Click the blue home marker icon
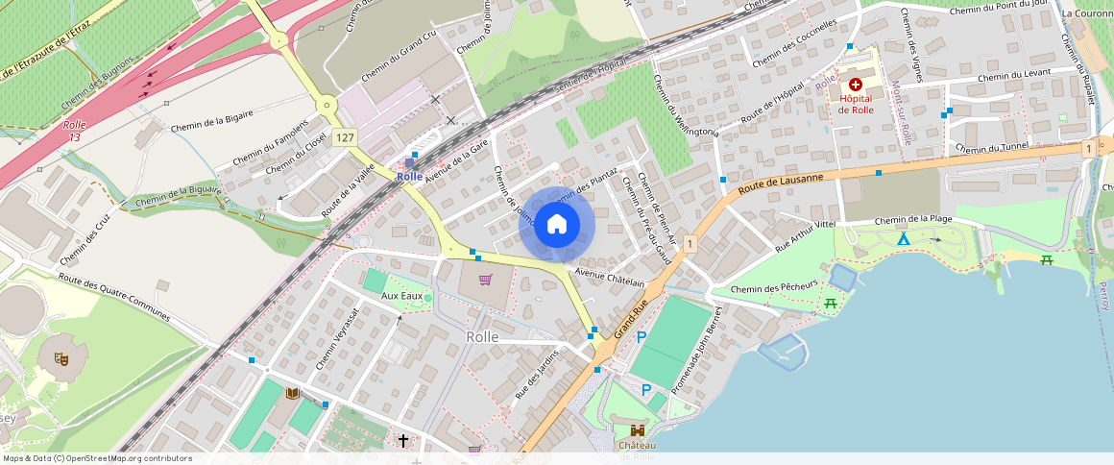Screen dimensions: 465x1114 557,225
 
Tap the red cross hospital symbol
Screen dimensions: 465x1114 855,85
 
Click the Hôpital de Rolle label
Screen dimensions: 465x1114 855,104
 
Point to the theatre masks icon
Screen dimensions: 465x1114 60,358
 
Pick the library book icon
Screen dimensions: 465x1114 293,393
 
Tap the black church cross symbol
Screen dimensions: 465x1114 403,441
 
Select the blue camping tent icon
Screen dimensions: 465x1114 903,238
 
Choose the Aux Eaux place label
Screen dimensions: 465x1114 401,296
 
